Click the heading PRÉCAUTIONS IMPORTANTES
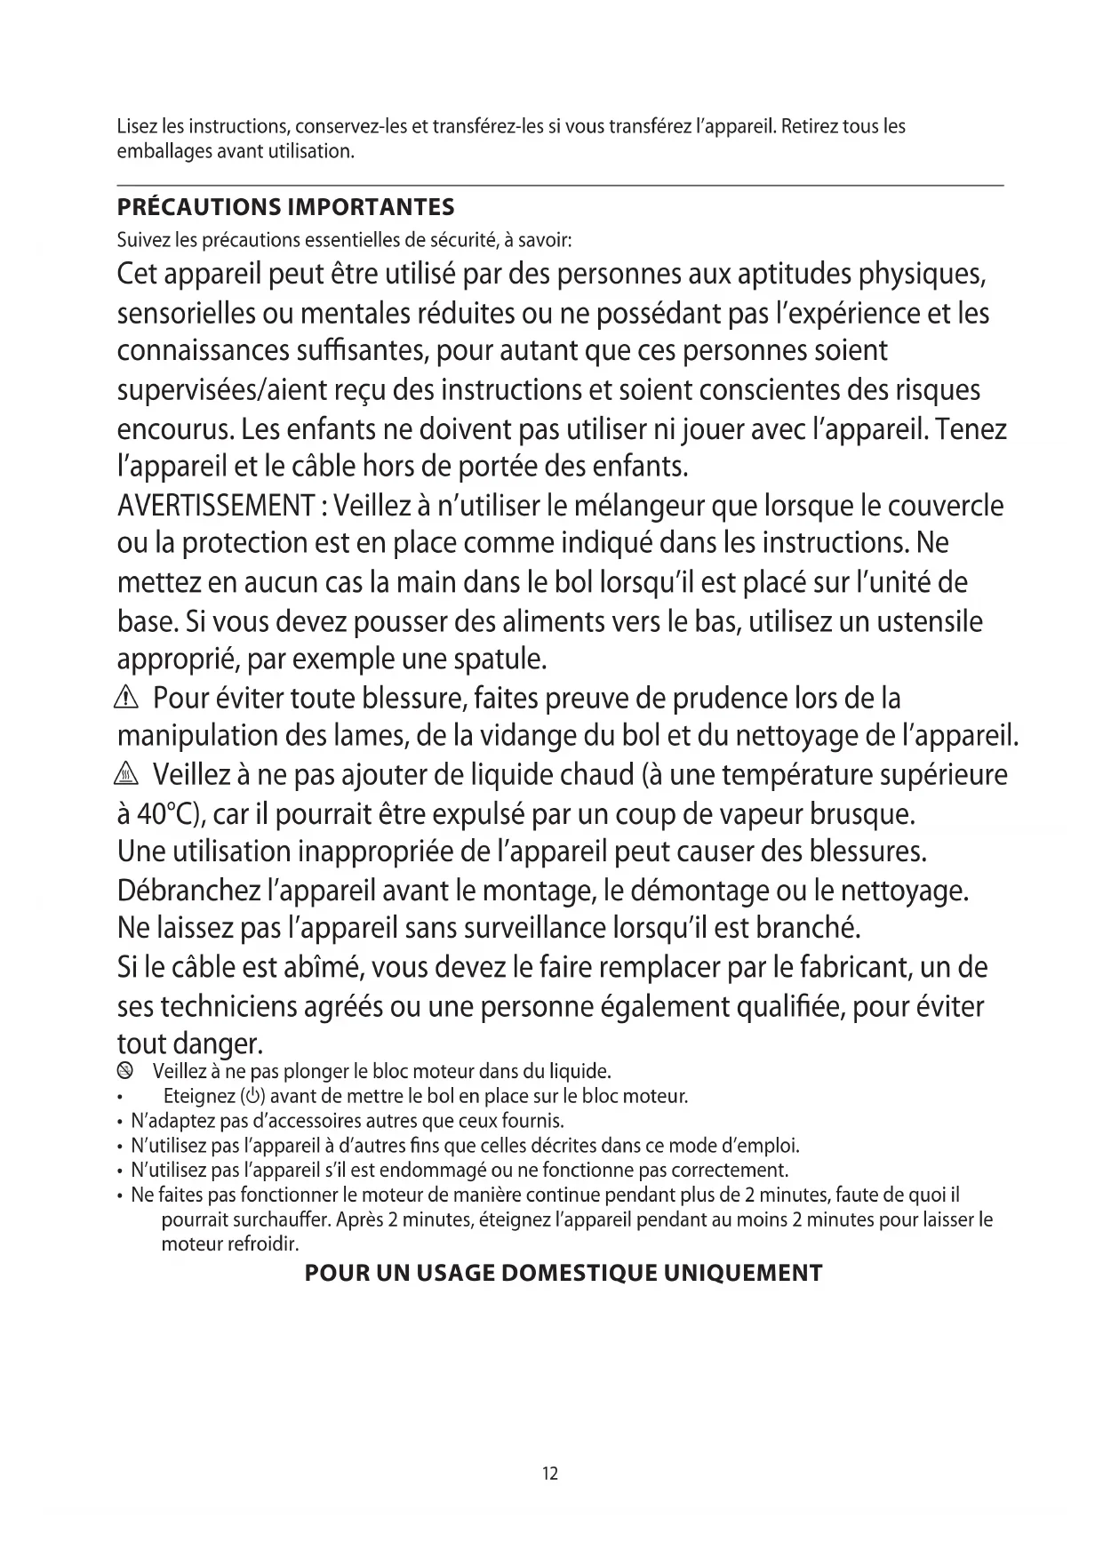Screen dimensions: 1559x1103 285,207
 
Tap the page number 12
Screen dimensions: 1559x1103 550,1473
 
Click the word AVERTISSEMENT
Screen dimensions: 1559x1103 216,506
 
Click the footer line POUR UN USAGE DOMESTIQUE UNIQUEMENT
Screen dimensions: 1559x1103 563,1273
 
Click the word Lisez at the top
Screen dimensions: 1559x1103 136,126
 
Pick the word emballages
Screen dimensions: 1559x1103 160,151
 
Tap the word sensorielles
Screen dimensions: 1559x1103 187,314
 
